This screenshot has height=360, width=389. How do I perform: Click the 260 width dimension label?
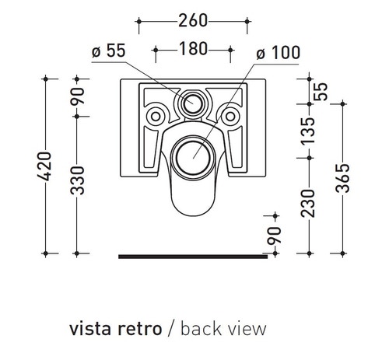193,21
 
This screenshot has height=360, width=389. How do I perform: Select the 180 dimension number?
193,49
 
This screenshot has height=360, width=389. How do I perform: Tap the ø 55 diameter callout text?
109,51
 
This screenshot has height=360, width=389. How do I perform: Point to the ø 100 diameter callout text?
278,53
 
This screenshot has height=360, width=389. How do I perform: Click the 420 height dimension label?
44,166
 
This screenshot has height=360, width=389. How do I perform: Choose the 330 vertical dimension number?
78,180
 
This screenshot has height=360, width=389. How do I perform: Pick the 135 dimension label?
308,131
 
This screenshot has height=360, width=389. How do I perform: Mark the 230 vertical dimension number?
308,204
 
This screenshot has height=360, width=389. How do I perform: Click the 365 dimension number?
342,178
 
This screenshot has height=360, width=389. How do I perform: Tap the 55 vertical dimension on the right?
321,92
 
